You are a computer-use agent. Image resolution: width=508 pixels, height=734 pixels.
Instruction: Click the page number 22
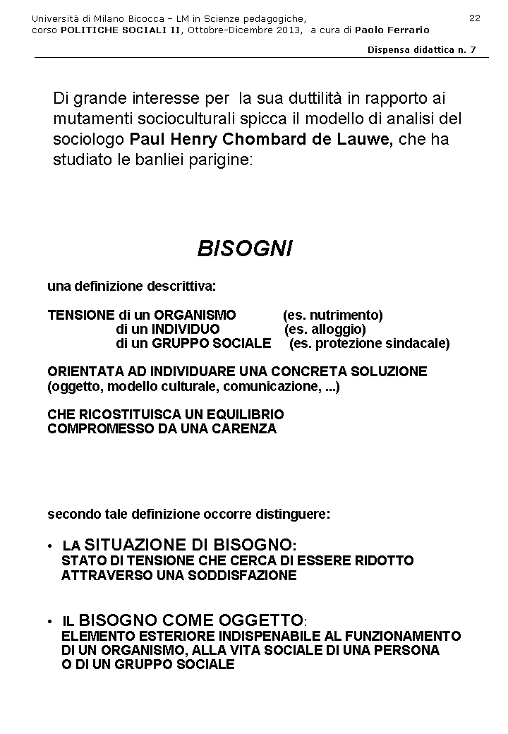[x=474, y=18]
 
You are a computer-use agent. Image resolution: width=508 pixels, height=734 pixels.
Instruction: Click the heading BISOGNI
[x=244, y=248]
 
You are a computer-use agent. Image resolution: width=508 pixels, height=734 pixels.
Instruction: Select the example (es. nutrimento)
[x=332, y=315]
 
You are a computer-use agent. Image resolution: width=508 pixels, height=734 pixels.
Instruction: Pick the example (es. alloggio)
[x=325, y=329]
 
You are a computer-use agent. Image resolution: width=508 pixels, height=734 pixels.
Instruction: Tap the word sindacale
[x=416, y=344]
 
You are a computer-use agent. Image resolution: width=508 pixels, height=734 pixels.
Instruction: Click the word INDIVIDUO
[x=186, y=329]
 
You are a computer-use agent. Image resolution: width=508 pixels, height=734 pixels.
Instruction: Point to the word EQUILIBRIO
[x=243, y=414]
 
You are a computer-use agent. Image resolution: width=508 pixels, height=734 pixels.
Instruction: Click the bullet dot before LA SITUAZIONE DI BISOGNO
[x=50, y=547]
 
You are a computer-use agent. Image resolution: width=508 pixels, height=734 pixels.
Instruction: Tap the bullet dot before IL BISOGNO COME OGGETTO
[x=50, y=622]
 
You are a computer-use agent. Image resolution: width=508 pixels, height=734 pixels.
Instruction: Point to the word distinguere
[x=292, y=515]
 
